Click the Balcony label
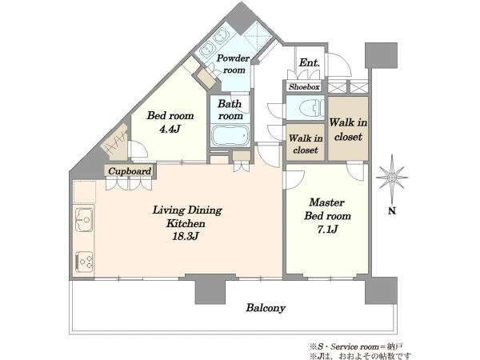(x=266, y=308)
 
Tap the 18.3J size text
(x=186, y=236)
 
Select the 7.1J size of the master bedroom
(x=327, y=229)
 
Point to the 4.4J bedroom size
(x=170, y=129)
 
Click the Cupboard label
(x=130, y=171)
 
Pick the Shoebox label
(x=304, y=87)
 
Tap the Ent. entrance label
(x=309, y=62)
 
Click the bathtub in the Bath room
(x=230, y=135)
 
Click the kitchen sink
(x=84, y=219)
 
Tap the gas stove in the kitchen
(x=84, y=262)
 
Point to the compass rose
(x=392, y=178)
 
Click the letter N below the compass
(x=392, y=210)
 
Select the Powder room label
(x=234, y=64)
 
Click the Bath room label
(x=230, y=110)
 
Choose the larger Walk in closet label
(x=348, y=130)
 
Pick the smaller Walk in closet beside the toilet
(x=306, y=144)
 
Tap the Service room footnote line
(x=356, y=346)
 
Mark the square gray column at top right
(x=381, y=55)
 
